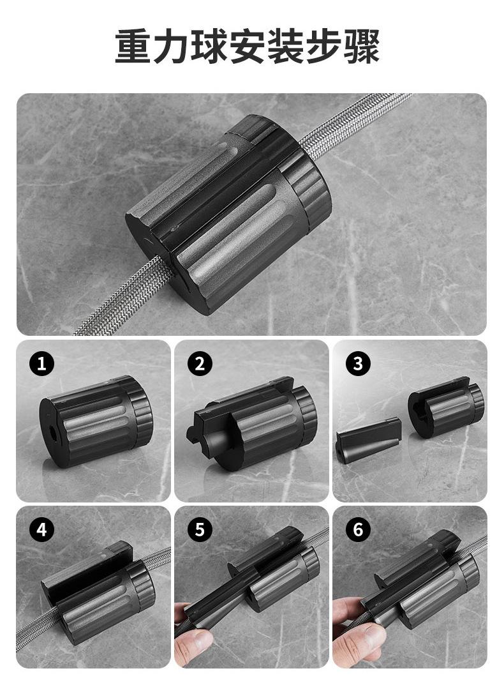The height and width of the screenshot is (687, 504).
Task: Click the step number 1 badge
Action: point(41,364)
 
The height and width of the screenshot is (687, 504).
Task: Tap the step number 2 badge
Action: point(200,364)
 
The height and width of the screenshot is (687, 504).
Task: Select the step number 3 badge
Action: point(358,364)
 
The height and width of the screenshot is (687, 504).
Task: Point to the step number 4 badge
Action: point(41,530)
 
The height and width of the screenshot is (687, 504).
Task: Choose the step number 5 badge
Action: point(200,530)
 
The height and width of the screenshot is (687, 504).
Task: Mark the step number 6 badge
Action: point(358,530)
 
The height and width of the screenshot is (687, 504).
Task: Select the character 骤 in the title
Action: point(362,46)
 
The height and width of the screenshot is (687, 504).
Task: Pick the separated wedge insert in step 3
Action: point(369,439)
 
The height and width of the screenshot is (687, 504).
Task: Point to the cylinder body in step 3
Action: point(446,407)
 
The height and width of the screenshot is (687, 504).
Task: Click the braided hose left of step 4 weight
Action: point(38,625)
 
